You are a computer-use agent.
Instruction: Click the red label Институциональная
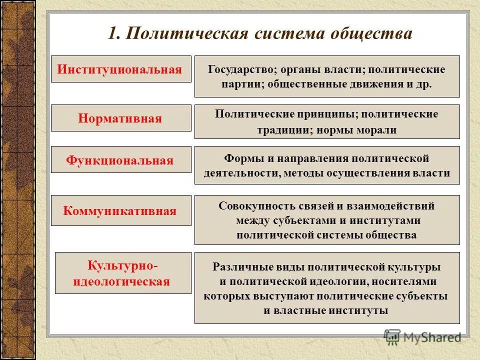tap(119, 69)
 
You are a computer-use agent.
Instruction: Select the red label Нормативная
tap(120, 118)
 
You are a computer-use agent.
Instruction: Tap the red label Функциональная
tap(120, 160)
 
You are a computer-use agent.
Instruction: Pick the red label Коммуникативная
tap(120, 210)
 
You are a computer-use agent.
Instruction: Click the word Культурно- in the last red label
tap(122, 265)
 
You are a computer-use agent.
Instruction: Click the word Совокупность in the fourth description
tap(249, 205)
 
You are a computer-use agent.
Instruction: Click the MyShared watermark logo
tap(422, 337)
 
